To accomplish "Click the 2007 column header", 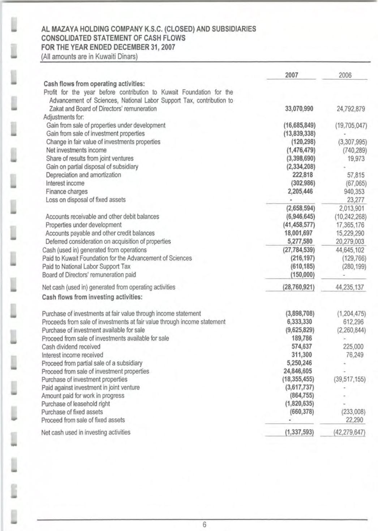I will [291, 75].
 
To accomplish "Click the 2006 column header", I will [345, 75].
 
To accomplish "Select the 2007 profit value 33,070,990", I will [299, 109].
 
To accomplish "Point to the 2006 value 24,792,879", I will [351, 109].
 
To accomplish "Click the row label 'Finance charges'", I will [66, 192].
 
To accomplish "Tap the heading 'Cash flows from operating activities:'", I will [94, 84].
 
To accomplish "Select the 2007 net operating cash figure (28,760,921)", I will [298, 288].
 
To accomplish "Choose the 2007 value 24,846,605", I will [298, 371].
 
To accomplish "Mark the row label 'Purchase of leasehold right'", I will [76, 404].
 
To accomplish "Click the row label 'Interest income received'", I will [72, 355].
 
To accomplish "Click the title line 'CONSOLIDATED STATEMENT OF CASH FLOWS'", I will [113, 38].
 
